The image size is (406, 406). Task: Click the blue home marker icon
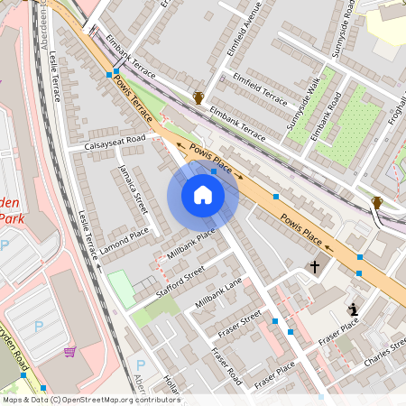[203, 195]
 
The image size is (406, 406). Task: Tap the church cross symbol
[315, 266]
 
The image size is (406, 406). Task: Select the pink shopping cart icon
[69, 352]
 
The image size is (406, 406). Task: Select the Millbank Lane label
[219, 293]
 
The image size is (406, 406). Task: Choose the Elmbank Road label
[326, 117]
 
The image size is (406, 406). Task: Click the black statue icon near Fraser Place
[354, 309]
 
